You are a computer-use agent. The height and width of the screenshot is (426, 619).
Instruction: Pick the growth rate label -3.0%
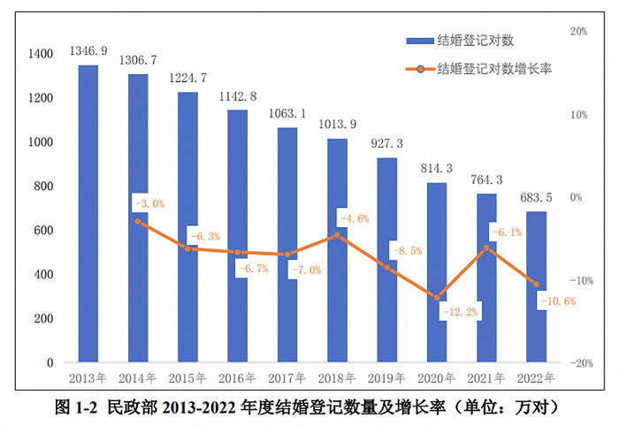pos(149,203)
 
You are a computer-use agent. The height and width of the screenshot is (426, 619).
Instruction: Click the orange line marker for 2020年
pos(436,297)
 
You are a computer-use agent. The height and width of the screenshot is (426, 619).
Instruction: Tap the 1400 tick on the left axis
pos(40,54)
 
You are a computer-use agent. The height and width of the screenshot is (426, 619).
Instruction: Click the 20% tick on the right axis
pos(579,31)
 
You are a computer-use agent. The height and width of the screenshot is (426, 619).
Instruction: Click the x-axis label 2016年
pos(237,377)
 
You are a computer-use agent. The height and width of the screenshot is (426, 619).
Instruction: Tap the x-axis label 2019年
pos(386,377)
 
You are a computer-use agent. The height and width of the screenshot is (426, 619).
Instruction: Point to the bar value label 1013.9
pos(337,125)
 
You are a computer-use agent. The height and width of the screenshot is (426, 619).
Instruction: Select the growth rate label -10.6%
pos(555,300)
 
